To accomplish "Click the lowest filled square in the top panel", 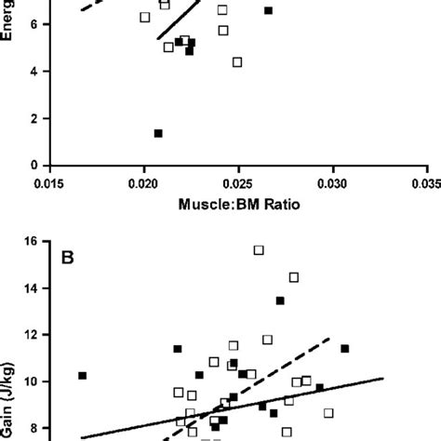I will [158, 134].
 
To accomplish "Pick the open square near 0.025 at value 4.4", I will [237, 62].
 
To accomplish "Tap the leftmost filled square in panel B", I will [82, 376].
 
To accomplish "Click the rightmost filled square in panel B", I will [344, 349].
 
